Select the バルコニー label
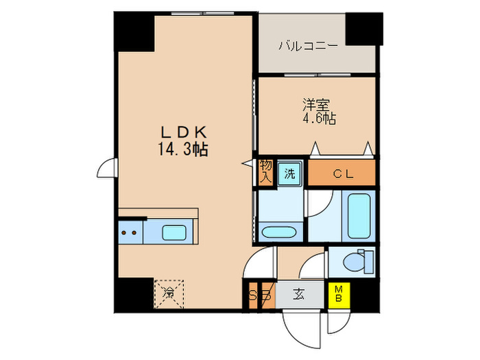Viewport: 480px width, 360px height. pyautogui.click(x=307, y=47)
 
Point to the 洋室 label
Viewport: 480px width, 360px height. pyautogui.click(x=316, y=106)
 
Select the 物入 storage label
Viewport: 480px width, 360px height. pyautogui.click(x=265, y=171)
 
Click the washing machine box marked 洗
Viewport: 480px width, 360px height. pyautogui.click(x=289, y=173)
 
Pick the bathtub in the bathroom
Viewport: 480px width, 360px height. pyautogui.click(x=359, y=215)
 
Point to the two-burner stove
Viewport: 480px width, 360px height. pyautogui.click(x=130, y=232)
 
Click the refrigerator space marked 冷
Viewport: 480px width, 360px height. pyautogui.click(x=169, y=293)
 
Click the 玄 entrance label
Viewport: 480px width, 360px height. pyautogui.click(x=299, y=296)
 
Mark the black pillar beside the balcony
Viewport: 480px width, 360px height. pyautogui.click(x=363, y=29)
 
